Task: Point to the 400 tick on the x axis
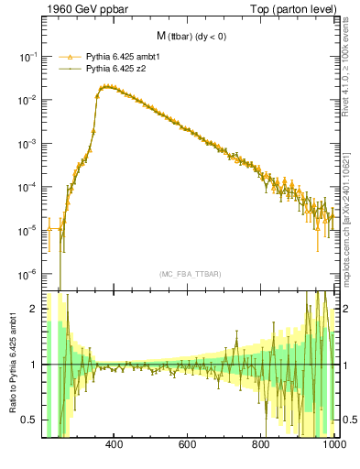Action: [115, 445]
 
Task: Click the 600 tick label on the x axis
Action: [188, 445]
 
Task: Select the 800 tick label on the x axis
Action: [261, 445]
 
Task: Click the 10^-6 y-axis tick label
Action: [28, 274]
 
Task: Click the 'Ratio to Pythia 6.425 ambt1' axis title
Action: [12, 364]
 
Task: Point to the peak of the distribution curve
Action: [108, 86]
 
